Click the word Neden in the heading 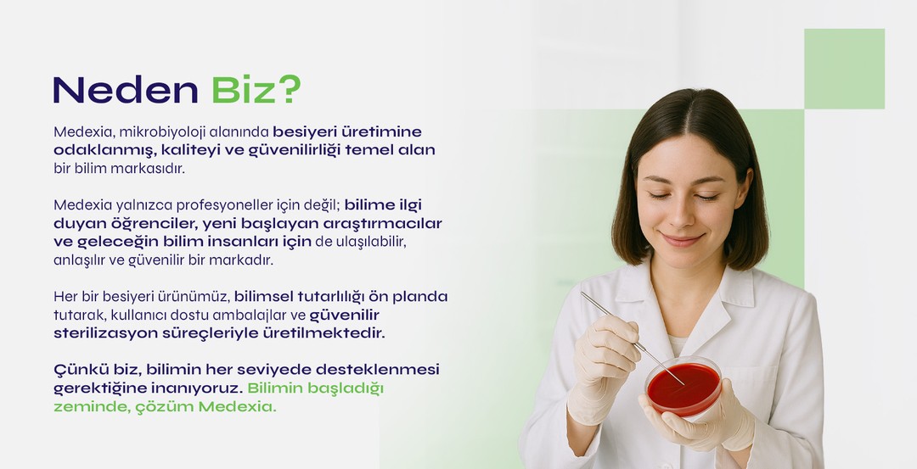126,90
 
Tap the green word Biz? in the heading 256,90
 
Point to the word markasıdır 148,169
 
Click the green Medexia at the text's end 237,406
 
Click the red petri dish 683,386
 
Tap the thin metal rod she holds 633,338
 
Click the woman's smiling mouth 682,240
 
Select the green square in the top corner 844,69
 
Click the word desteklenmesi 377,370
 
